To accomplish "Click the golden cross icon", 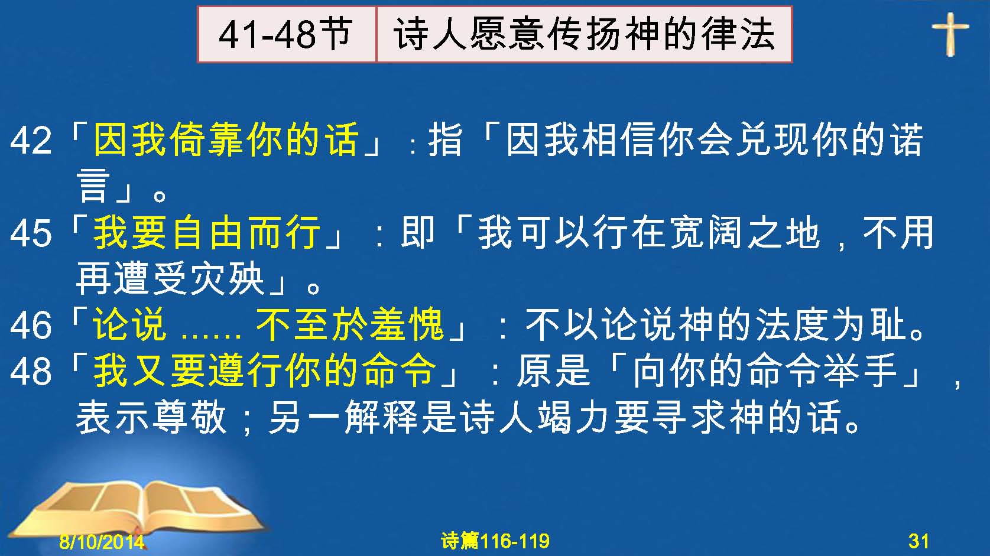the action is coord(950,34).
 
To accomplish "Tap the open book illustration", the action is coord(139,508).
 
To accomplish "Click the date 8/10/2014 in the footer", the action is coord(102,541).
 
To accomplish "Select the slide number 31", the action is coord(918,541).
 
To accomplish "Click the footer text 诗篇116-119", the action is coord(495,541).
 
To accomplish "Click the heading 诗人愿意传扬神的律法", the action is coord(584,34).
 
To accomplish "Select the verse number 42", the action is coord(31,141).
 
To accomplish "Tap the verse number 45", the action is coord(31,233).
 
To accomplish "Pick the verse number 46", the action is coord(31,326).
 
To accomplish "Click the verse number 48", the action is coord(31,370).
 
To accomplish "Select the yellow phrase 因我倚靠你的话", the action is coord(226,139).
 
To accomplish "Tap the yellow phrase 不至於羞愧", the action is coord(349,325).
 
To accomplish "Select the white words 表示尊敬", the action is coord(151,417).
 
